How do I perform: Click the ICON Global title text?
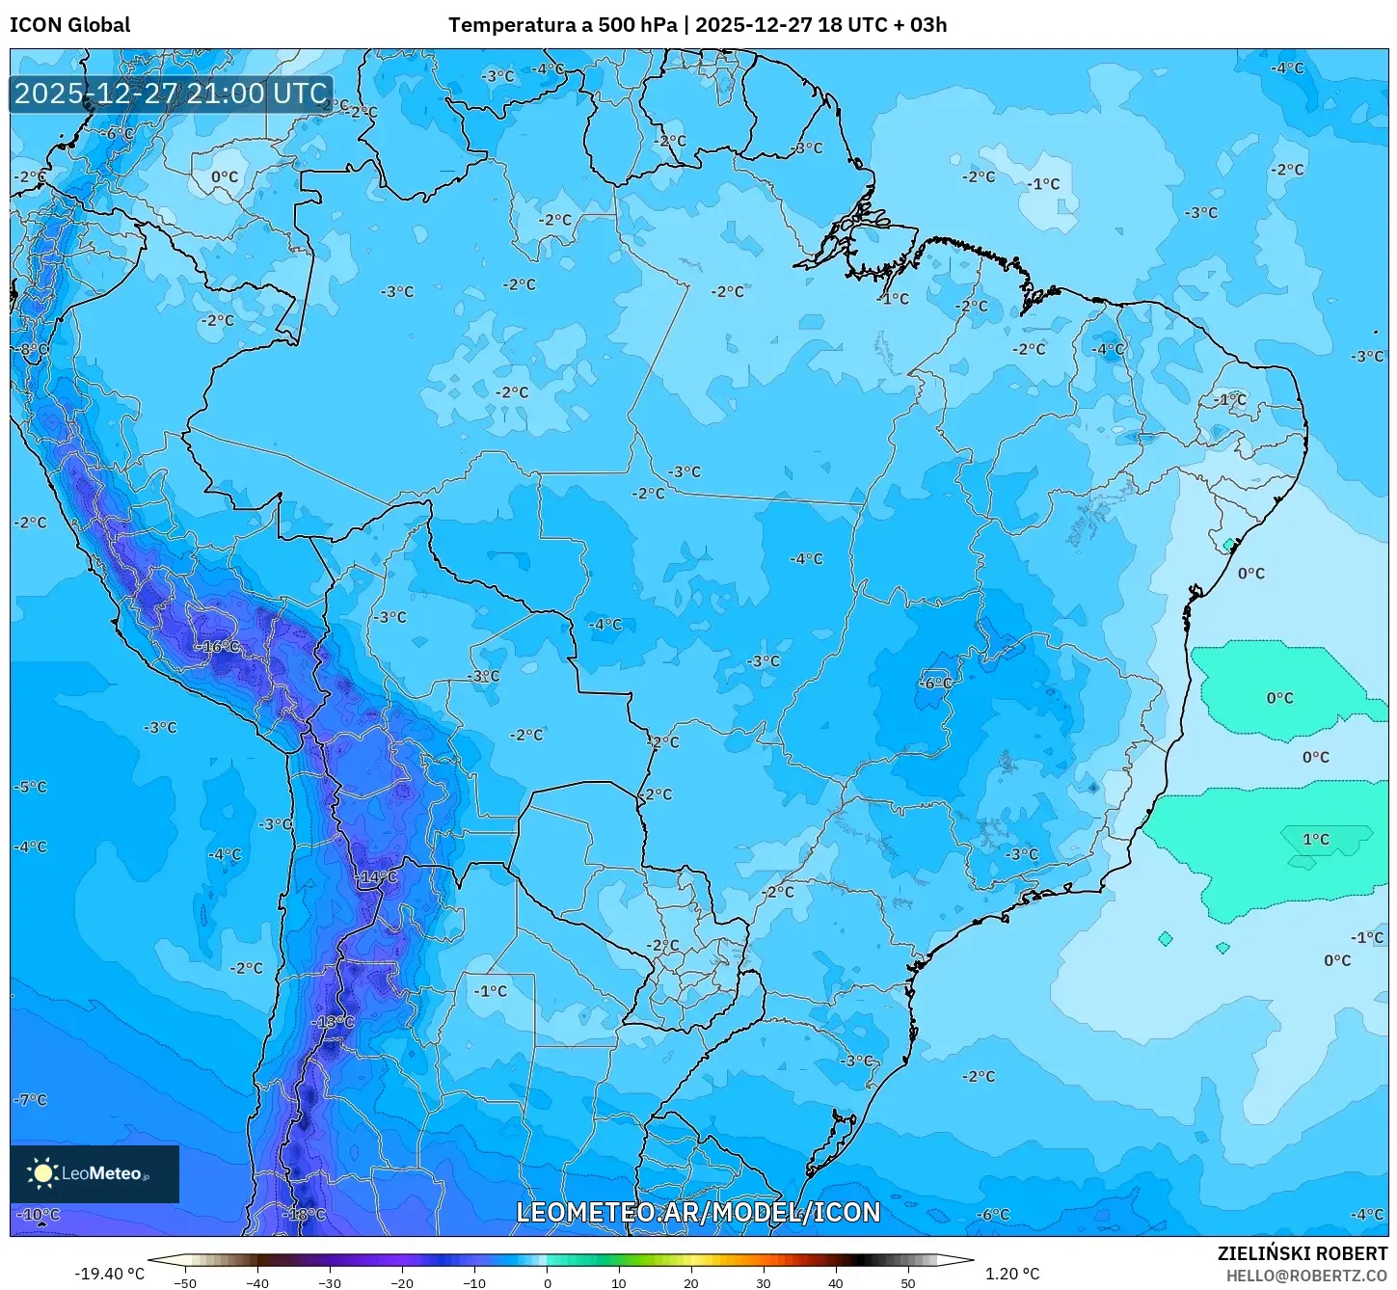point(69,25)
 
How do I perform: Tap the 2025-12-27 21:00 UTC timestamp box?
point(171,94)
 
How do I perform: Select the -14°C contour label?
point(375,877)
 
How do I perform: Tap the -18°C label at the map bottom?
point(306,1215)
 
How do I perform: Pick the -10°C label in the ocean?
point(39,1215)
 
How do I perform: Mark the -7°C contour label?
point(30,1099)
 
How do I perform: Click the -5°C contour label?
point(30,787)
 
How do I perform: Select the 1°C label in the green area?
point(1316,839)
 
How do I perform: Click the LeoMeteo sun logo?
point(42,1173)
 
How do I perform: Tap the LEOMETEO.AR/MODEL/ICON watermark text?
point(698,1213)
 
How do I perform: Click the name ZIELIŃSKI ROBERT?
point(1302,1254)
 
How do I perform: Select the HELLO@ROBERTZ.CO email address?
point(1306,1276)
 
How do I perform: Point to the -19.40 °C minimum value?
point(109,1274)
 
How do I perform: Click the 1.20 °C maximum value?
point(1011,1274)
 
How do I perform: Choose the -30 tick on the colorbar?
point(330,1283)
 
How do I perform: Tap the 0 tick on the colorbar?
point(547,1283)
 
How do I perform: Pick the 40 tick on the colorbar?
point(836,1283)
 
